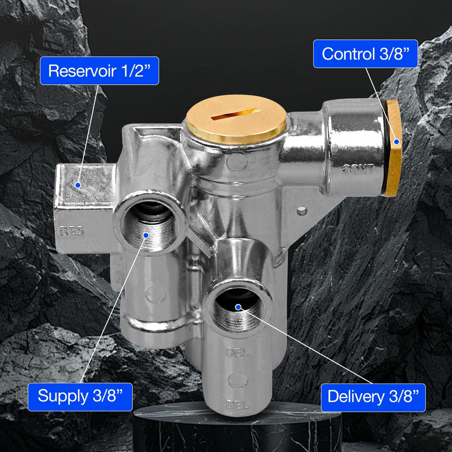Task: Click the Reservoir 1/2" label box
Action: click(99, 71)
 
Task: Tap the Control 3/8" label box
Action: click(365, 54)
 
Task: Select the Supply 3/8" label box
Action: click(80, 397)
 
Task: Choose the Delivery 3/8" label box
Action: click(373, 397)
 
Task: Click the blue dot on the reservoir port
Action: click(78, 185)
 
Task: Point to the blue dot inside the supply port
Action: click(146, 235)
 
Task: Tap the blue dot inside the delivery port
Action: click(238, 307)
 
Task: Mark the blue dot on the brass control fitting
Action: click(397, 142)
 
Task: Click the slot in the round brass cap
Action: click(236, 114)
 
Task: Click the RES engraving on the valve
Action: click(71, 231)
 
